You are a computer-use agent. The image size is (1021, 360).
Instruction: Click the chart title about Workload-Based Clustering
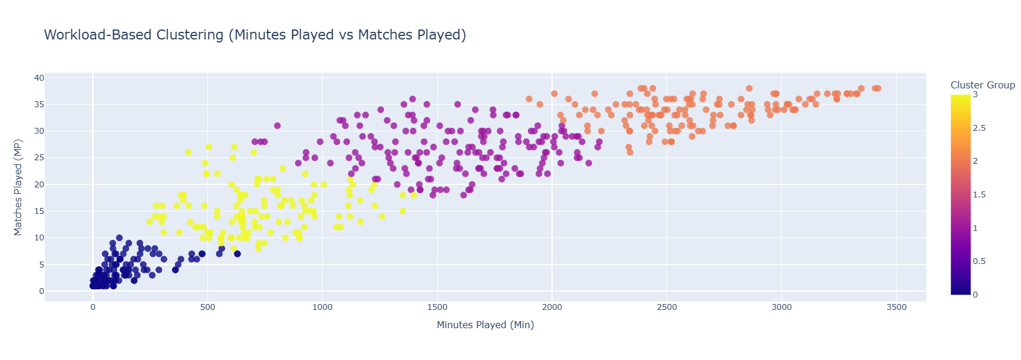tap(255, 35)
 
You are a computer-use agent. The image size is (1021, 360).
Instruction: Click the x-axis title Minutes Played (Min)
tap(485, 325)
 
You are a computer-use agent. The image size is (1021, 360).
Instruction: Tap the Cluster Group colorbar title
tap(982, 85)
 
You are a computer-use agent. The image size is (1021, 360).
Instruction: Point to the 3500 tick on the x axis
tap(896, 308)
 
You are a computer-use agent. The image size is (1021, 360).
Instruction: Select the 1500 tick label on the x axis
tap(437, 308)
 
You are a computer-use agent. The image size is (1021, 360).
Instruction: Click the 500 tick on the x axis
tap(207, 308)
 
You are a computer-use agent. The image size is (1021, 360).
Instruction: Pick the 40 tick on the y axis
tap(39, 78)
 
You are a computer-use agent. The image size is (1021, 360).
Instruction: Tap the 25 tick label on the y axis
tap(39, 158)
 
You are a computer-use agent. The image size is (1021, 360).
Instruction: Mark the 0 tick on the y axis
tap(41, 291)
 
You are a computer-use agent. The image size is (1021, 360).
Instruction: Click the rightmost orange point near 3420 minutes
tap(878, 88)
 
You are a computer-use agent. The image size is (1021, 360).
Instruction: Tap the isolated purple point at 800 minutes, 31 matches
tap(277, 125)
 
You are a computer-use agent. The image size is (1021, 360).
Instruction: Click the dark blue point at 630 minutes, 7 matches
tap(237, 254)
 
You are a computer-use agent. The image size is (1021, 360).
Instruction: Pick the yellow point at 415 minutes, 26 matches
tap(188, 153)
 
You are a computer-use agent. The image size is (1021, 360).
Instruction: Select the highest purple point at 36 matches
tap(412, 99)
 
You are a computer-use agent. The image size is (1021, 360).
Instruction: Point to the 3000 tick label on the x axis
tap(781, 308)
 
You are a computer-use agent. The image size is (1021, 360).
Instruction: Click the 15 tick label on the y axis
tap(39, 211)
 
